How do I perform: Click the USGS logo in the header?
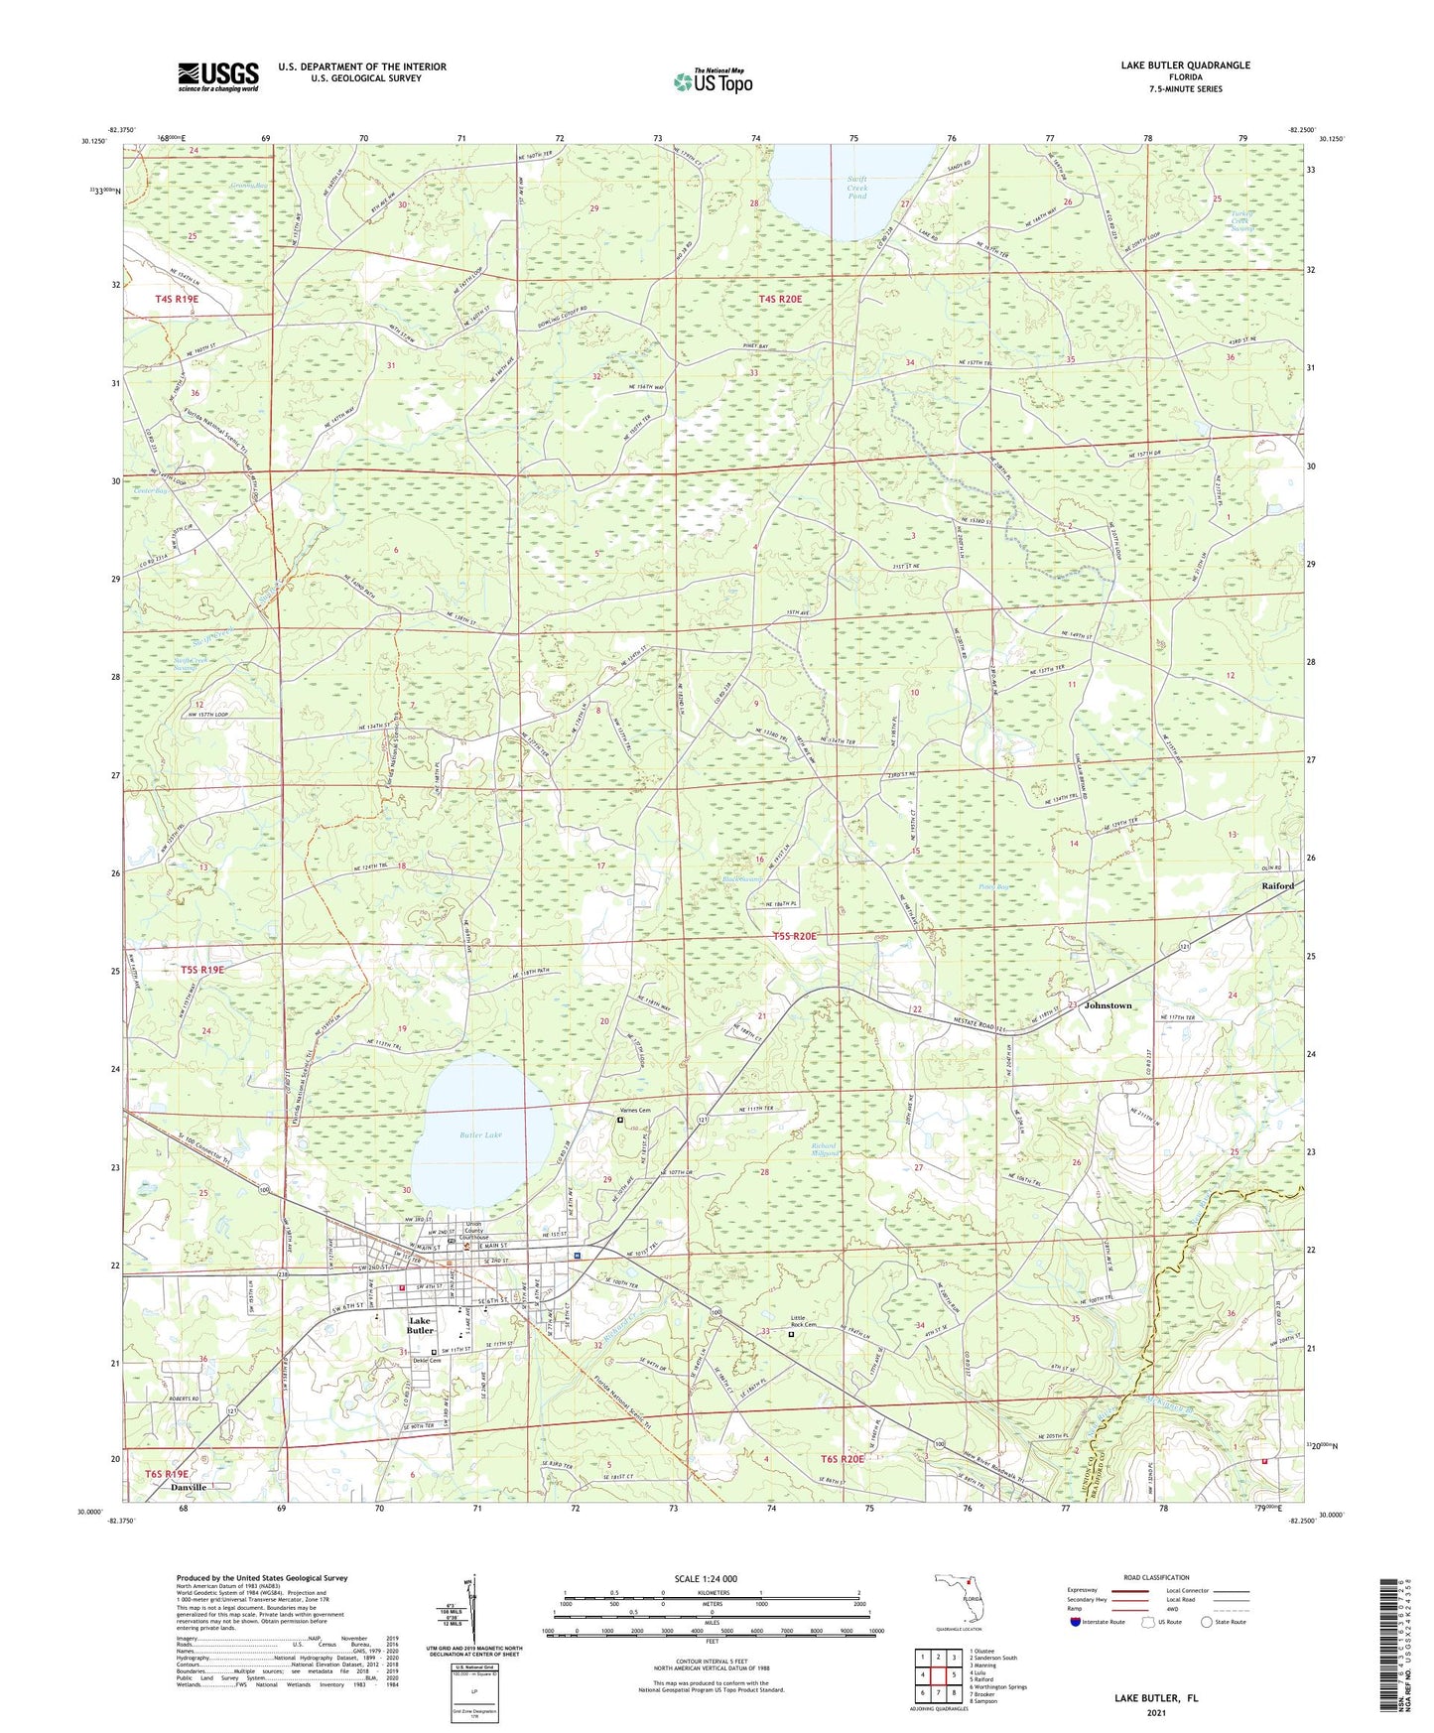pos(218,75)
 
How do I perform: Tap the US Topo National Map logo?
pos(713,80)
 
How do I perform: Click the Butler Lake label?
pos(480,1134)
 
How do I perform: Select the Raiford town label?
pos(1277,885)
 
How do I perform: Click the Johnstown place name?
pos(1108,1005)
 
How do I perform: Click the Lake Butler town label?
pos(421,1326)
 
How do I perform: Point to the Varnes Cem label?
pos(635,1111)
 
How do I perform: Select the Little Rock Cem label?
pos(804,1322)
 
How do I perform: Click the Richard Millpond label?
pos(825,1149)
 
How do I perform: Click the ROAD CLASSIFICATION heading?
pos(1156,1577)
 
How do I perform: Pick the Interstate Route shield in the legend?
pos(1077,1622)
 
